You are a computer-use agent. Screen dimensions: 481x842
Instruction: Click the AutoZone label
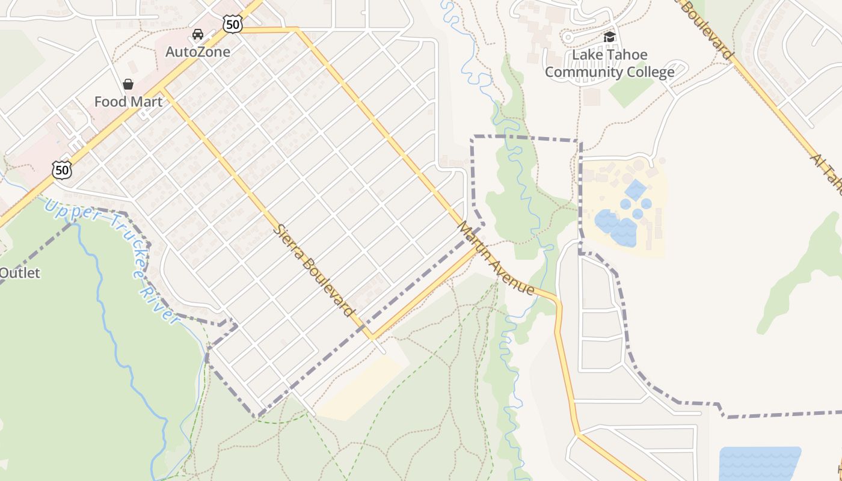197,52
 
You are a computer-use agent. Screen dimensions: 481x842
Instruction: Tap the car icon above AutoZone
197,34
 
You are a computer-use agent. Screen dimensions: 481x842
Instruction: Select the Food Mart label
128,102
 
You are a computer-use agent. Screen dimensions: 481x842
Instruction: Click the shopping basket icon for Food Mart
128,84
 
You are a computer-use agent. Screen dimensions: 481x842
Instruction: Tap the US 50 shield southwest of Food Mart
61,170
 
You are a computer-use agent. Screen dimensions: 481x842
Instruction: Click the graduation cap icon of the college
609,37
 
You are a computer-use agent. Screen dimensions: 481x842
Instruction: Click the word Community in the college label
583,73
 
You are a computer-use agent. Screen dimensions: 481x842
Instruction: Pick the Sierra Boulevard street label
314,270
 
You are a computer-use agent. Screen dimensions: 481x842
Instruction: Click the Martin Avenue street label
496,259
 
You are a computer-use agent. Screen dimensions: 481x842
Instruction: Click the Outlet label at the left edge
19,273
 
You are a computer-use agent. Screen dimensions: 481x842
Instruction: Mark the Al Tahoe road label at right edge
827,174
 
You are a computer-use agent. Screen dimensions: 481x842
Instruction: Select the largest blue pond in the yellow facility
616,227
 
